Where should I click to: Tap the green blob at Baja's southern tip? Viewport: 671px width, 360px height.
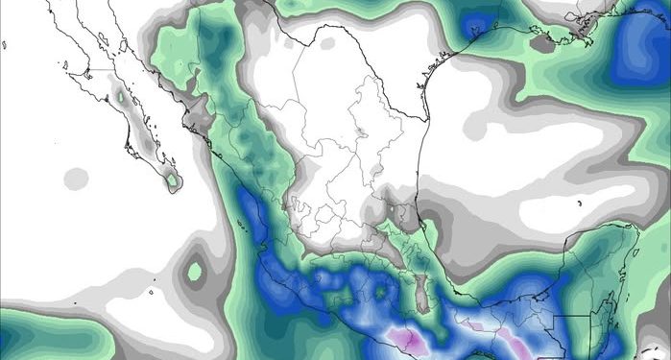pos(174,180)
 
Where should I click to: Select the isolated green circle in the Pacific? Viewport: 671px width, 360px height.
pos(195,273)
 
